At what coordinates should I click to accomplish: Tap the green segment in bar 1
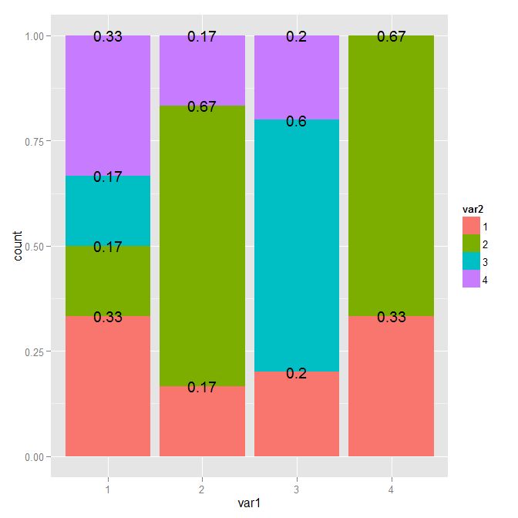pyautogui.click(x=108, y=281)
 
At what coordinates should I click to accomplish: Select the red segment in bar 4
pyautogui.click(x=391, y=386)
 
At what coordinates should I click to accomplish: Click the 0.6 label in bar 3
pyautogui.click(x=297, y=122)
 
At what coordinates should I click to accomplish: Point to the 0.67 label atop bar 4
pyautogui.click(x=391, y=36)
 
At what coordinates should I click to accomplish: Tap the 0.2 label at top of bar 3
pyautogui.click(x=297, y=36)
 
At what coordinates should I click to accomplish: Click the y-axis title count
pyautogui.click(x=18, y=246)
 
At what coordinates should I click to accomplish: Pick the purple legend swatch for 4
pyautogui.click(x=471, y=281)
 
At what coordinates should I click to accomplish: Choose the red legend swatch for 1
pyautogui.click(x=471, y=225)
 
